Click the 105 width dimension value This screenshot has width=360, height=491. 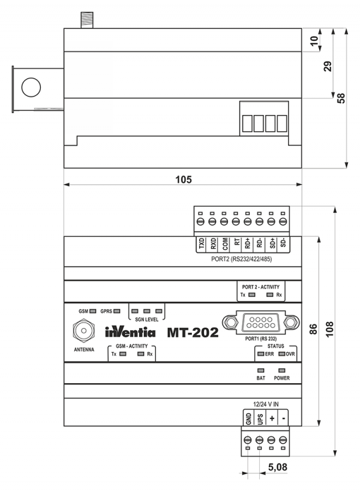click(183, 179)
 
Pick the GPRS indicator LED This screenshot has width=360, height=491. click(117, 311)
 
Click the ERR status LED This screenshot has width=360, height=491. click(261, 354)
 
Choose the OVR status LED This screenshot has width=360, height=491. click(281, 354)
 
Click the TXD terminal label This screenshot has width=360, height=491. click(201, 243)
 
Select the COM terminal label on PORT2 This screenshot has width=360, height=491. click(224, 243)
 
